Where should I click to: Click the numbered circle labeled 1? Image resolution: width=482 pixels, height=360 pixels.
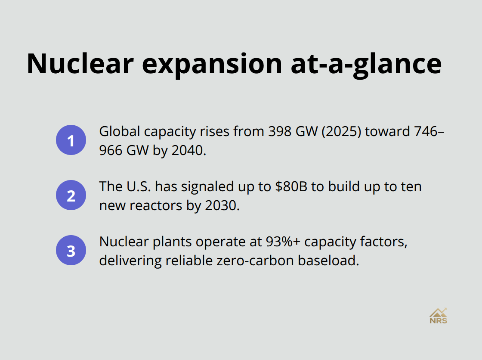pos(71,140)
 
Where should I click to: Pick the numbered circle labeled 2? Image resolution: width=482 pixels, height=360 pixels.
pos(71,195)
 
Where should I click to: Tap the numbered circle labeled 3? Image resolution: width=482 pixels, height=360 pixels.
pos(71,250)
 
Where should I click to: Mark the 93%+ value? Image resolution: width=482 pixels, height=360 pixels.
pos(279,242)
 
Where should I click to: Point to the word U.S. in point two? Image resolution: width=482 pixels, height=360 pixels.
pos(138,186)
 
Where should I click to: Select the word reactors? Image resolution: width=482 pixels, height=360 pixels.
pos(152,206)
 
